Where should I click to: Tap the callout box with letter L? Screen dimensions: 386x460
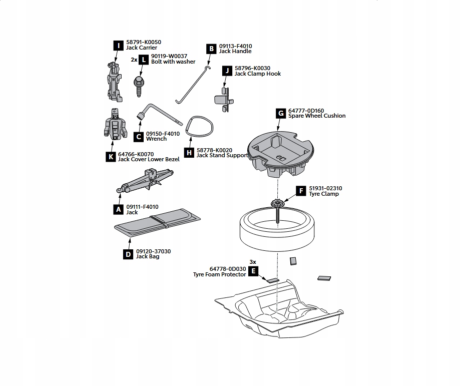144,60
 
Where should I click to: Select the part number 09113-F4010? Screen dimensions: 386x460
235,46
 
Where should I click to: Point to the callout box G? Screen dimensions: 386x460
281,113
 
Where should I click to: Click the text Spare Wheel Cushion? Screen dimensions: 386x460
317,116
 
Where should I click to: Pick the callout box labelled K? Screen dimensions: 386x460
111,157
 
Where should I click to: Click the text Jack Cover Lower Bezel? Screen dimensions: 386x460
149,159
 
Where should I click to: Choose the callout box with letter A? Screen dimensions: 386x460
119,209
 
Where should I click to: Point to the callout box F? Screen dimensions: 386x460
301,191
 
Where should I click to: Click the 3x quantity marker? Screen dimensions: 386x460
253,262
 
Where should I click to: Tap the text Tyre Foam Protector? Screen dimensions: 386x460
220,274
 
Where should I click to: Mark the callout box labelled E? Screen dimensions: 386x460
254,272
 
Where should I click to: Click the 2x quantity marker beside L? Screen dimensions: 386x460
134,60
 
